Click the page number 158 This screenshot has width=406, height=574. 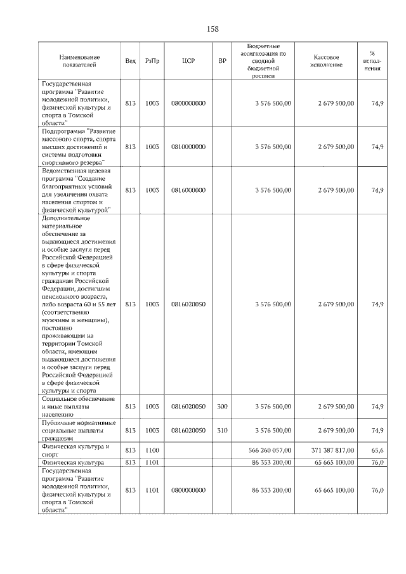(x=213, y=29)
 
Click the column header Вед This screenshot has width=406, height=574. (x=130, y=61)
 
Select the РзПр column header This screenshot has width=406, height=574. (x=152, y=61)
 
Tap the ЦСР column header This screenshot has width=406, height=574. (x=188, y=61)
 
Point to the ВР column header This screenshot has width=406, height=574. (x=222, y=61)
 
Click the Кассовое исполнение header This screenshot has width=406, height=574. (x=327, y=61)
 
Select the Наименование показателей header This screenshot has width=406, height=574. (x=77, y=61)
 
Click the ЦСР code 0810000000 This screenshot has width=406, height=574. (x=188, y=147)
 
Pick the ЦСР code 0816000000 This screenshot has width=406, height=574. (x=188, y=190)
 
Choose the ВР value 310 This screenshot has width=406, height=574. (x=222, y=430)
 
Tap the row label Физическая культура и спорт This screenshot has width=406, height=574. (x=75, y=450)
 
